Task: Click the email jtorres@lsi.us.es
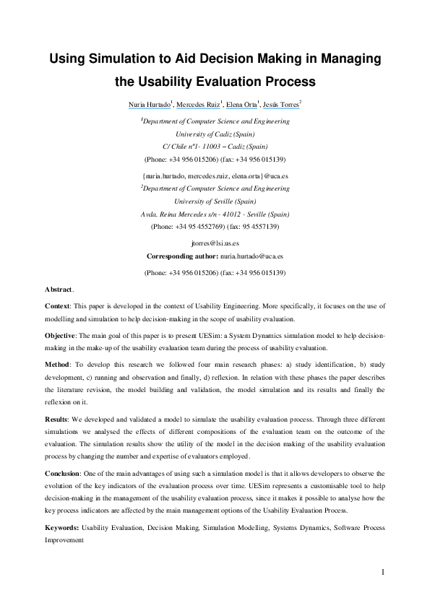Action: pos(215,243)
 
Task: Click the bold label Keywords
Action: pos(62,528)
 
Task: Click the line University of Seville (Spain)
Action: pos(215,201)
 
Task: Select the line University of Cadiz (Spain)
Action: pos(215,134)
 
